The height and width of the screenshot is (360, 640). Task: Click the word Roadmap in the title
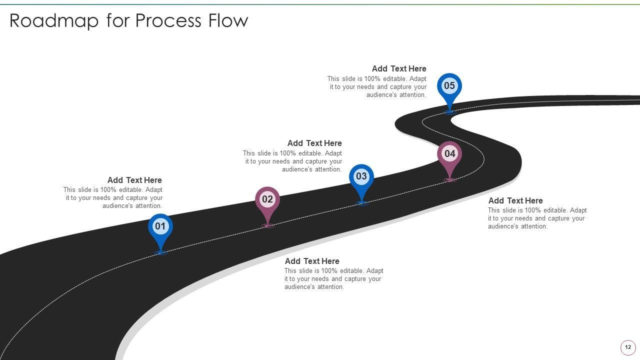(54, 21)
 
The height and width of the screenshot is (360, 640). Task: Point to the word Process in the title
(168, 21)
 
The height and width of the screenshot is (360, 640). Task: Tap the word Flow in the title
(228, 20)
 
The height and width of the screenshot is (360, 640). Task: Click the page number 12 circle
(627, 347)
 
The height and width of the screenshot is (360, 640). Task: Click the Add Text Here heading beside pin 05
(399, 68)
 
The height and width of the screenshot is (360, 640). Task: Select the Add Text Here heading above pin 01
(134, 180)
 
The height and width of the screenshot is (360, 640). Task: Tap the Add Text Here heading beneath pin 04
(515, 200)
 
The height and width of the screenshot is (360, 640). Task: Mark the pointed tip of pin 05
(449, 112)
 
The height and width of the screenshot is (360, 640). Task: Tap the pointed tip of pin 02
(267, 225)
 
